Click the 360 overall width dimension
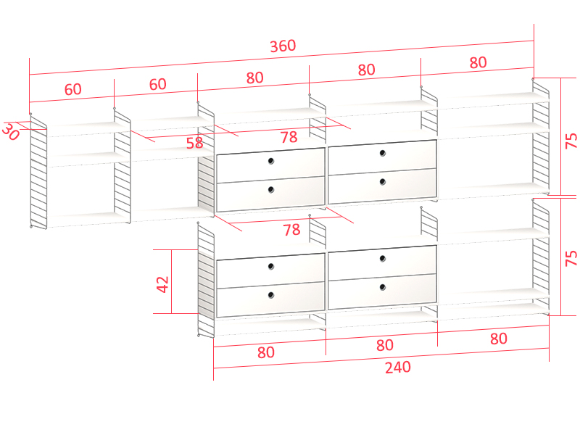pos(283,46)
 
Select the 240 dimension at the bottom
pos(398,368)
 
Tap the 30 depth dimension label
pos(10,132)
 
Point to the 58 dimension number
pos(194,143)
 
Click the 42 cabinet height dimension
pos(162,284)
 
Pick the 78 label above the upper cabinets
pos(289,137)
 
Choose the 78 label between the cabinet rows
pos(291,230)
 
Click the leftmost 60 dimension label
pos(73,89)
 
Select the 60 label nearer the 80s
pos(157,84)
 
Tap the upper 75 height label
pos(571,141)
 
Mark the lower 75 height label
pos(571,258)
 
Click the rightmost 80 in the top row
pos(478,62)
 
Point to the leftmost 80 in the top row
pos(255,78)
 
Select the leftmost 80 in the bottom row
pos(266,352)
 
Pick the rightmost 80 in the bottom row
pos(498,339)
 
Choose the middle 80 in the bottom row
pos(385,345)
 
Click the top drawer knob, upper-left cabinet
pos(271,160)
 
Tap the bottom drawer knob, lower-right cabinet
pos(383,287)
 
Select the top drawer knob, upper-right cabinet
pos(383,153)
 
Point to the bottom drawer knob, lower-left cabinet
pos(271,295)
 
